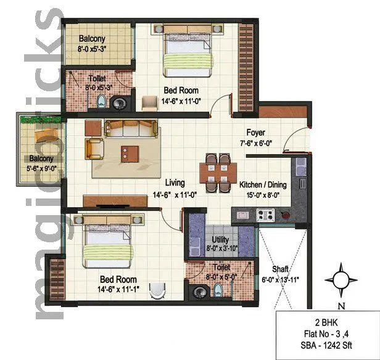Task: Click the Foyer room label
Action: coord(255,133)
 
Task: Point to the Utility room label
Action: coord(220,239)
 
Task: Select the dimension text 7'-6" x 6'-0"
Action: coord(256,143)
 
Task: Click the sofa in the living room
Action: coord(131,128)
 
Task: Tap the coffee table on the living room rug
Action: coord(130,152)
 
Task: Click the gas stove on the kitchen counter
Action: coord(265,215)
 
